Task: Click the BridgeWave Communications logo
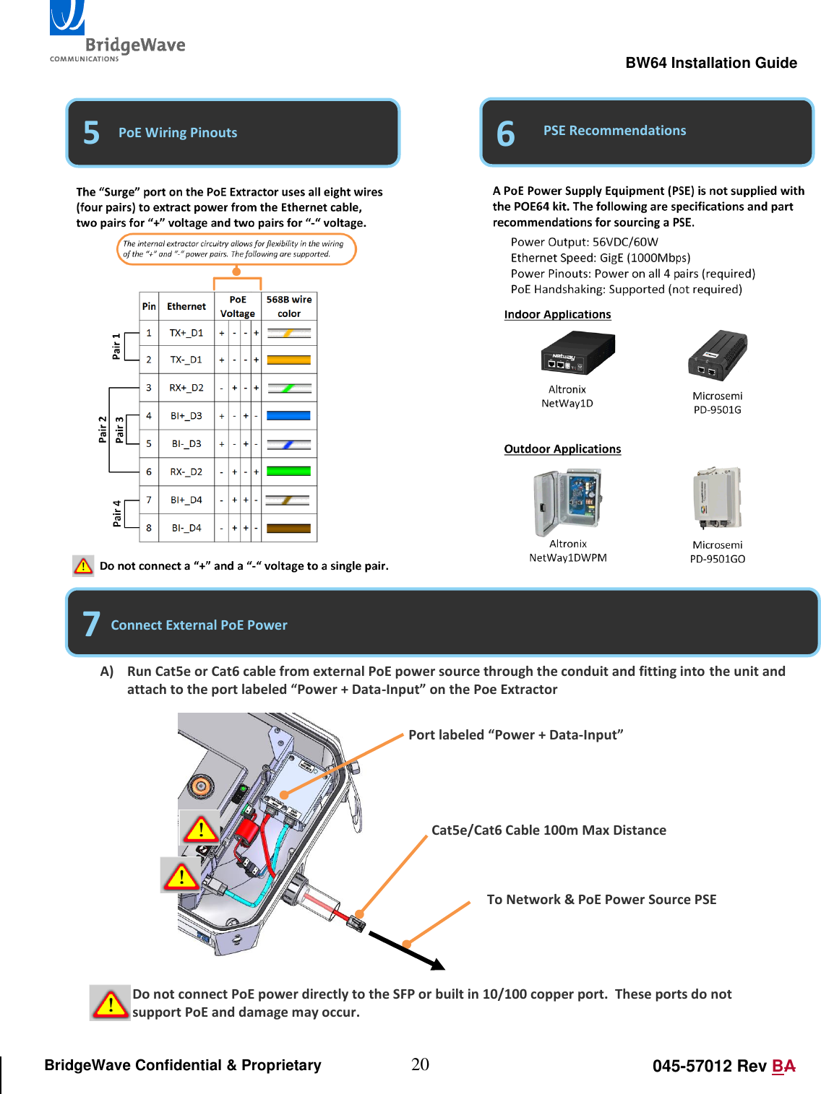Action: (x=116, y=33)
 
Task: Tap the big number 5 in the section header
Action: (x=91, y=133)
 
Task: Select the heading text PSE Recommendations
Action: (x=614, y=131)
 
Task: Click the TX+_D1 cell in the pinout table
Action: (x=186, y=333)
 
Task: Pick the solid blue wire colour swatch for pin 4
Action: (x=288, y=416)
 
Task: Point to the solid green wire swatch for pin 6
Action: (x=288, y=472)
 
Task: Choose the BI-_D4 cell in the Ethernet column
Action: (x=186, y=528)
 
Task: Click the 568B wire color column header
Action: (x=288, y=306)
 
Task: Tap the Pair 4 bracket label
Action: (x=117, y=513)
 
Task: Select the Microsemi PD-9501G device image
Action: (x=717, y=355)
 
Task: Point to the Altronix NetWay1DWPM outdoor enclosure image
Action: (x=567, y=501)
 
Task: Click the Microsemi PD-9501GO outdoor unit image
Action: (x=717, y=498)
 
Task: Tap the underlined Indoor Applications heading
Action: (x=557, y=315)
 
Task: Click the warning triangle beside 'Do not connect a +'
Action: (x=83, y=566)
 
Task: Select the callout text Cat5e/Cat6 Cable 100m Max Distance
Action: (x=549, y=830)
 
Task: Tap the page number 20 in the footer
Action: (x=420, y=1064)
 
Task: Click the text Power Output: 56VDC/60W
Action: (x=584, y=242)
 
